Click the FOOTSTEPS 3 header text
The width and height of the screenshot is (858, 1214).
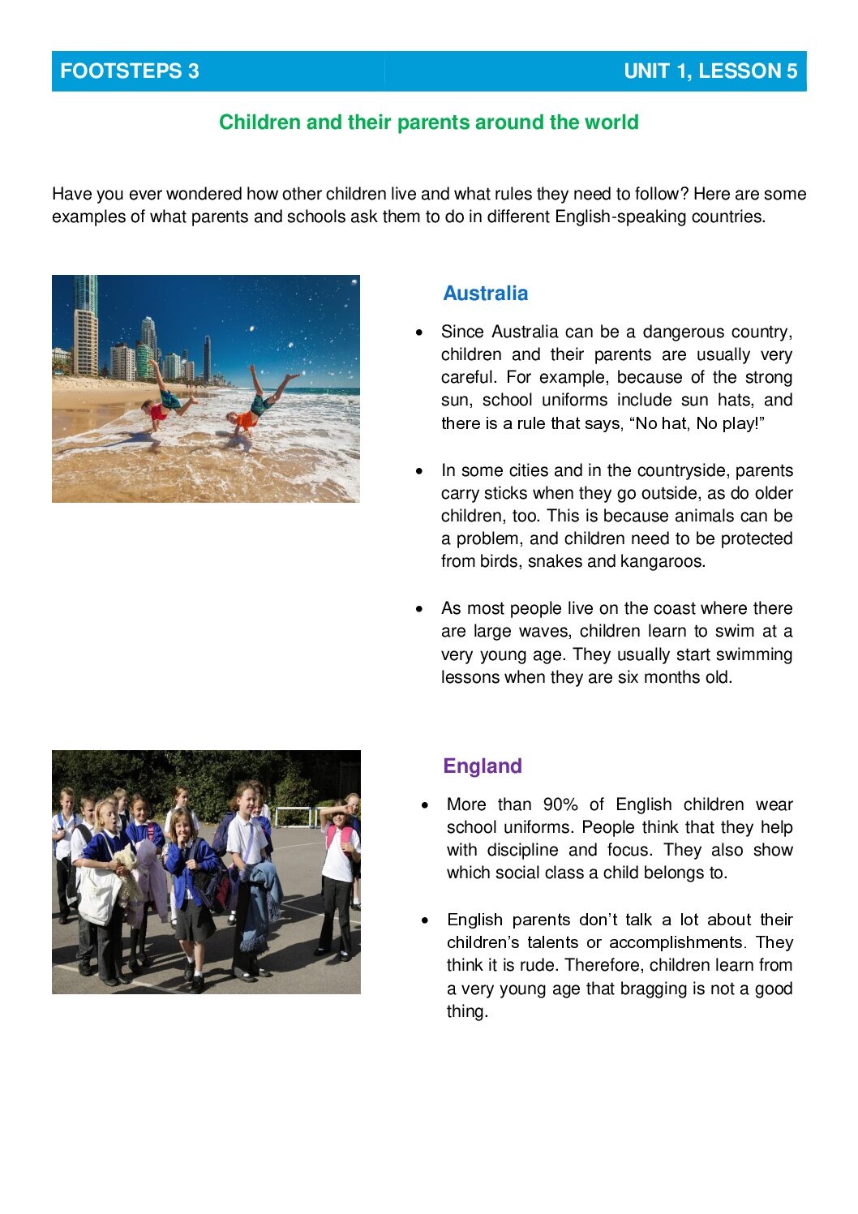point(130,71)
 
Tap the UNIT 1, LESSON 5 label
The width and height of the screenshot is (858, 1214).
point(710,71)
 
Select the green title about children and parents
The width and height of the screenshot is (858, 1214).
point(429,122)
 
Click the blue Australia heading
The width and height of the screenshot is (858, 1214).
point(485,294)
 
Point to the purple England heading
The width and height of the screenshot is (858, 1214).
point(483,766)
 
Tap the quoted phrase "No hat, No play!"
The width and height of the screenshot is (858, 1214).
point(697,423)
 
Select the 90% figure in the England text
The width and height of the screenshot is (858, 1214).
point(560,804)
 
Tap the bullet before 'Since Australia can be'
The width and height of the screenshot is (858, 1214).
point(418,332)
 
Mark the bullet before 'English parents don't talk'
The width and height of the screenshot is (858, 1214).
point(424,920)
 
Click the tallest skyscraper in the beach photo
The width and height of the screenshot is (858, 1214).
point(85,324)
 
